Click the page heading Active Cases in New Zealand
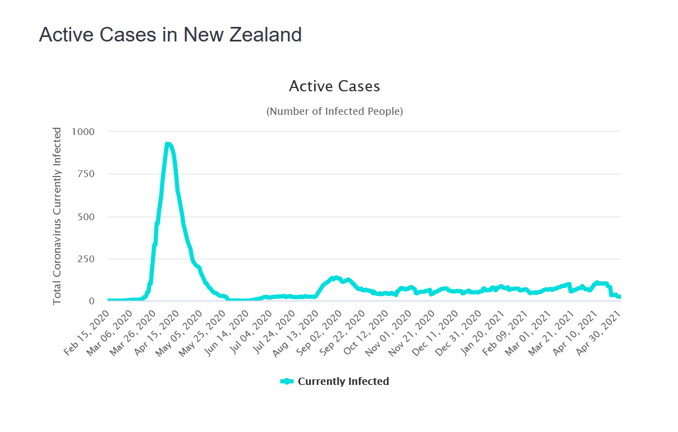tap(170, 35)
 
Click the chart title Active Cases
tap(334, 86)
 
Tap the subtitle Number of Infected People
tap(334, 111)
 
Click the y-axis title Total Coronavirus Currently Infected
tap(57, 216)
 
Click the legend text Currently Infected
tap(343, 382)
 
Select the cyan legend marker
tap(287, 382)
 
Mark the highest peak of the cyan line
tap(168, 144)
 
